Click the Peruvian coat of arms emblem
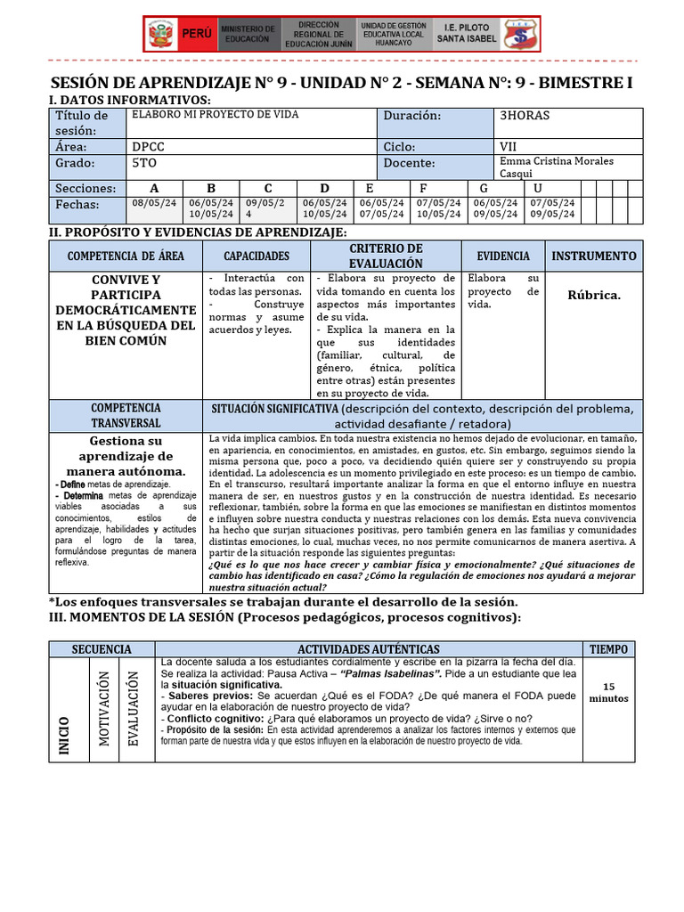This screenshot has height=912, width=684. click(160, 35)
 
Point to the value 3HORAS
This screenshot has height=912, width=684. click(525, 116)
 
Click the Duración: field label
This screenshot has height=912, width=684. click(412, 116)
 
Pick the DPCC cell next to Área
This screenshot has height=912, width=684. click(148, 146)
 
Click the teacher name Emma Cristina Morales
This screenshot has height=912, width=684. click(569, 161)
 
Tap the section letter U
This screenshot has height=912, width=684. click(538, 188)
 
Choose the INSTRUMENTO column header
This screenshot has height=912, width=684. click(594, 256)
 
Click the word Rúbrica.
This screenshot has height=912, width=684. click(594, 295)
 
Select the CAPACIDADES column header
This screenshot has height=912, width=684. click(256, 256)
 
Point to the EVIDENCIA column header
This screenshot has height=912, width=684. click(503, 256)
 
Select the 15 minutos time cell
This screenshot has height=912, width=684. click(608, 692)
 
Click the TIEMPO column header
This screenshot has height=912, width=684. click(608, 649)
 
